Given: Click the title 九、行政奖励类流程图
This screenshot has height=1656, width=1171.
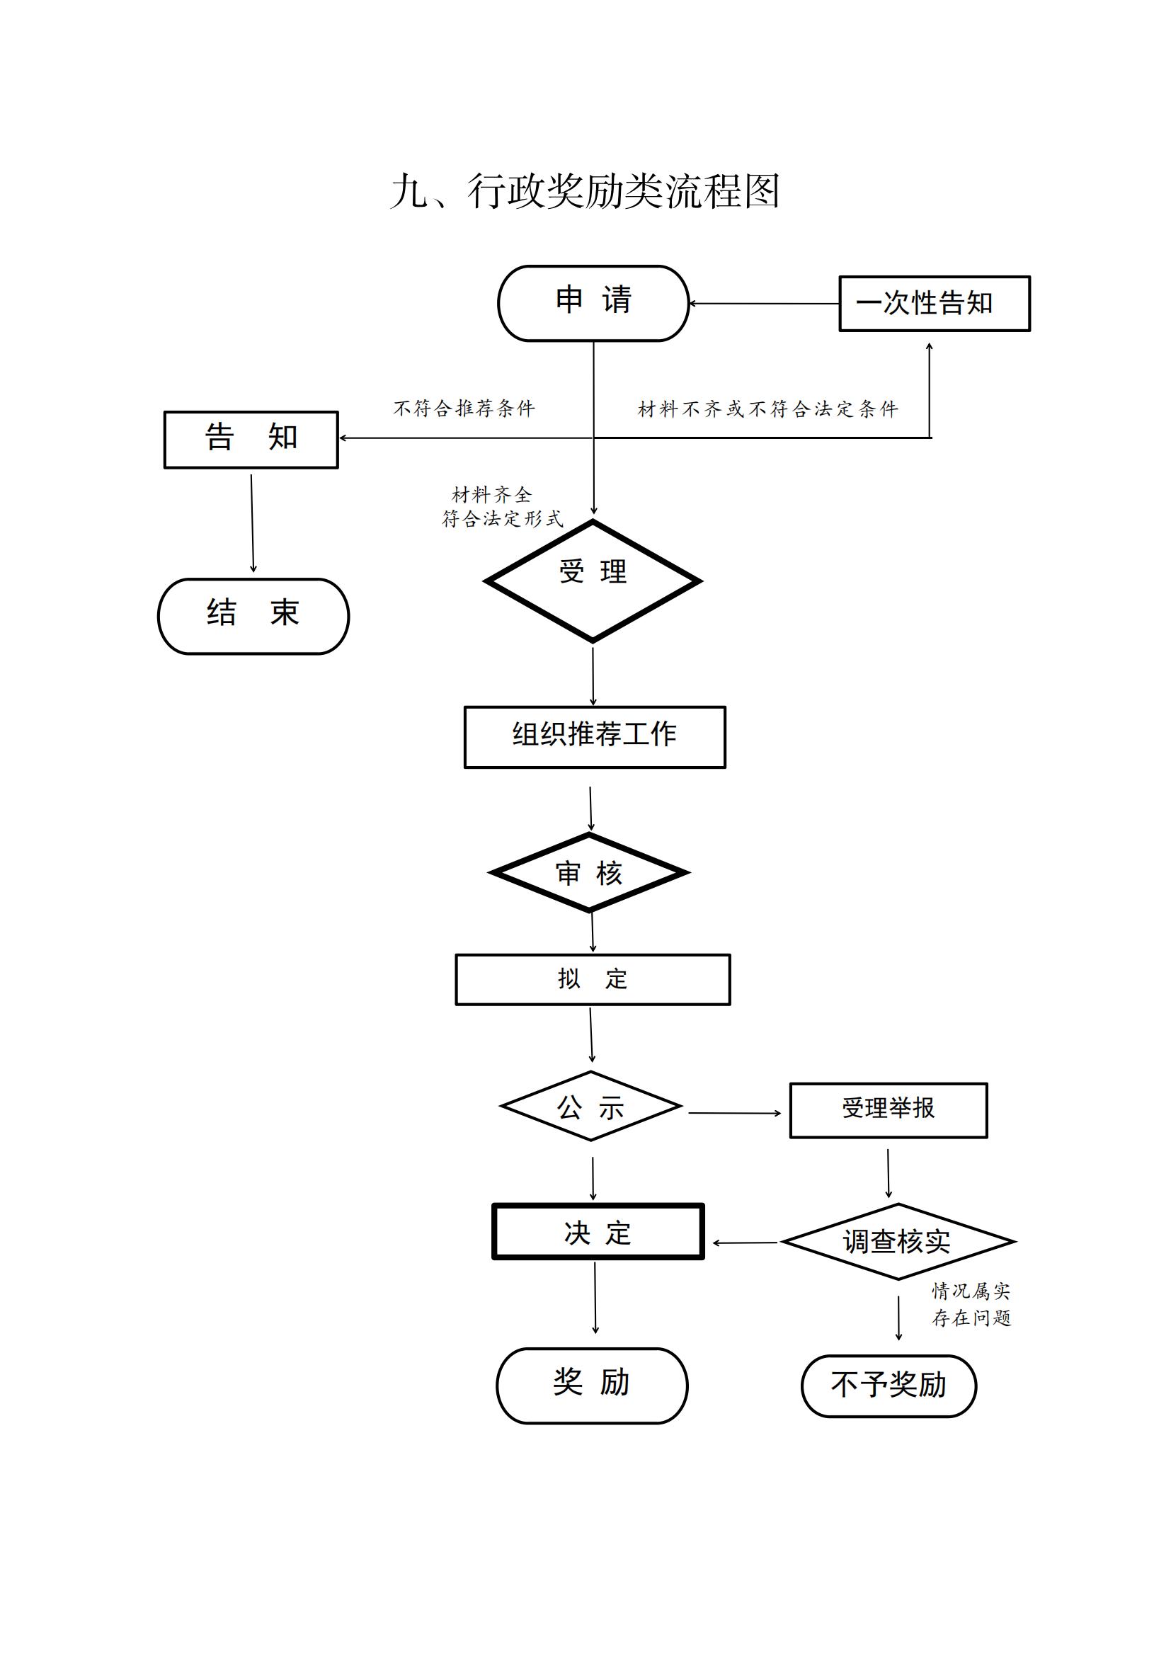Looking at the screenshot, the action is (585, 191).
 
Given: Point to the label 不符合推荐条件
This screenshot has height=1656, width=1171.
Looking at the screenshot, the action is (464, 409).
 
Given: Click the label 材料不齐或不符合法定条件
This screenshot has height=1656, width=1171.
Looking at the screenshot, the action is (768, 410).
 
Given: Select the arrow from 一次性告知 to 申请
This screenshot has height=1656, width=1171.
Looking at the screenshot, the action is (765, 304).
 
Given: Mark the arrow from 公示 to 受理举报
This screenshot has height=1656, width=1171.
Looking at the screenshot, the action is (735, 1113).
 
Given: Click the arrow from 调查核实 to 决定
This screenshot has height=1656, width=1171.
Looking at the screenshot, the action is (745, 1243).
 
